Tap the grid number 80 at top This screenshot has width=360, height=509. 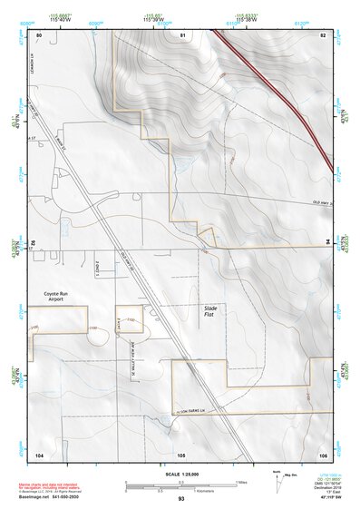[39, 34]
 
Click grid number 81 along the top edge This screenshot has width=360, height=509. [182, 34]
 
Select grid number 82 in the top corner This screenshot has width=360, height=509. [323, 34]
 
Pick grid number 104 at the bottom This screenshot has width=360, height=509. [39, 453]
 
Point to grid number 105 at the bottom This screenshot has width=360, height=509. [180, 453]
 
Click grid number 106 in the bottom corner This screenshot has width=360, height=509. [323, 453]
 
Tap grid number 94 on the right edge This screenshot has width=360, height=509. [327, 243]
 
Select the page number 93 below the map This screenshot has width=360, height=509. [181, 499]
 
